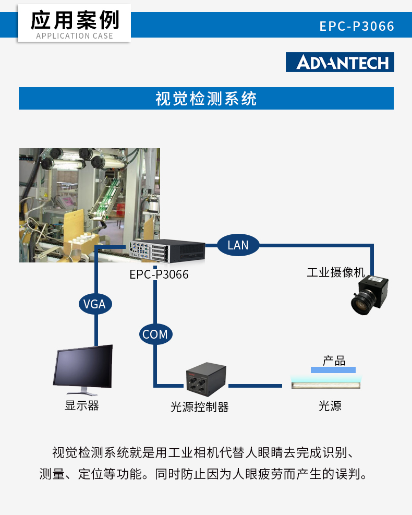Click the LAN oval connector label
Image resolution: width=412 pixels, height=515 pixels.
[x=238, y=245]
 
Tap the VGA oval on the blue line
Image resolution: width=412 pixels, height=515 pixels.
[x=95, y=304]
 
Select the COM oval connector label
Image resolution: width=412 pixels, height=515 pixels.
[x=155, y=334]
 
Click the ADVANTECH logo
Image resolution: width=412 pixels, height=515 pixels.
[x=340, y=62]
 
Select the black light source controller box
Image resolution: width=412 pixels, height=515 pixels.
[x=206, y=379]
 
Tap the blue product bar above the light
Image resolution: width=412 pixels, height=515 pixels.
[x=333, y=370]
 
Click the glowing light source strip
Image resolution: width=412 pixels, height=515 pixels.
[x=325, y=384]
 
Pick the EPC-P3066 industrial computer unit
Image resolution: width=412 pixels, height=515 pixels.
[x=167, y=251]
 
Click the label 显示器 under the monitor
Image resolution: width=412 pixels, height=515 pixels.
[x=82, y=405]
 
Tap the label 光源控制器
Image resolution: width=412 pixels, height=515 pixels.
[x=200, y=407]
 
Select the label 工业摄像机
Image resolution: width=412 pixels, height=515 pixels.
[x=336, y=272]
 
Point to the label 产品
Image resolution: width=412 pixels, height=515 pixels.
[x=334, y=361]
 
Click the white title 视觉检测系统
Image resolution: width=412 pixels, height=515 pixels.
[x=206, y=99]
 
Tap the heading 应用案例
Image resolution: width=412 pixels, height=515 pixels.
[x=75, y=20]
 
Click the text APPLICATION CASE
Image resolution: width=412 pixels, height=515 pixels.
[x=75, y=36]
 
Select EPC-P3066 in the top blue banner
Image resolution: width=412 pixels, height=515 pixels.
[x=357, y=26]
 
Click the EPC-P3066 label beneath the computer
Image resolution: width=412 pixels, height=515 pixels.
[x=159, y=274]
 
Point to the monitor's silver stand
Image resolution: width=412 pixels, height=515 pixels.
[x=82, y=391]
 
